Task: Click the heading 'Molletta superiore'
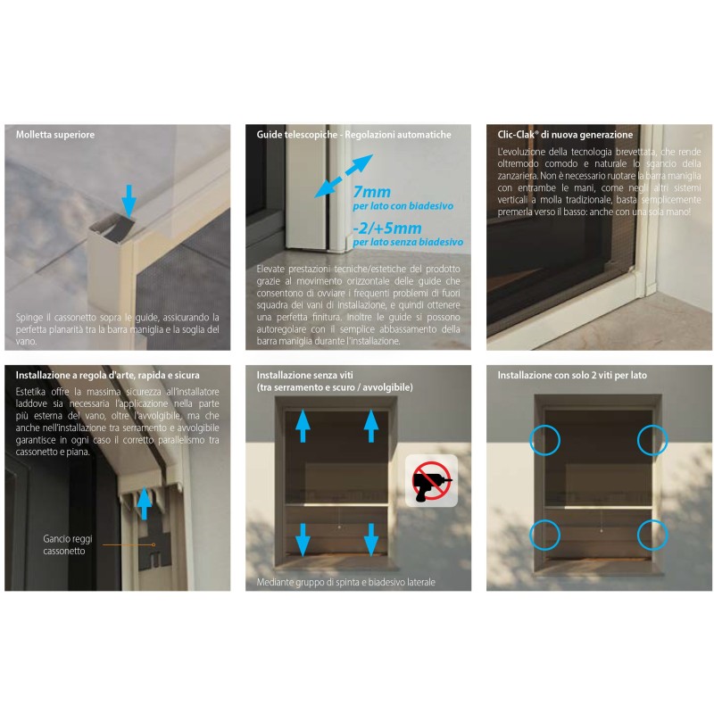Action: tap(55, 135)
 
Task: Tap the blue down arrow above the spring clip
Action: tap(129, 201)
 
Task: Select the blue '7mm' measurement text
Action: tap(371, 192)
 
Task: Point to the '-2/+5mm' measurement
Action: tap(387, 228)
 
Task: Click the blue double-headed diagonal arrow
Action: tap(344, 176)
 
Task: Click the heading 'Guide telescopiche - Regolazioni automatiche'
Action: tap(353, 135)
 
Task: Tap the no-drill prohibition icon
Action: tap(431, 481)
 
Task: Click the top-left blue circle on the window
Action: tap(544, 440)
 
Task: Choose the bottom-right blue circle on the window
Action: tap(652, 535)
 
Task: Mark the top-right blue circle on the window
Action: tap(652, 440)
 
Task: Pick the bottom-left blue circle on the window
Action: tap(544, 535)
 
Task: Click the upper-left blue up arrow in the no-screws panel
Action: tap(303, 426)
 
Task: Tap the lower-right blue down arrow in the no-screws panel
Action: tap(371, 540)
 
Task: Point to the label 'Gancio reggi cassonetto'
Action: tap(68, 544)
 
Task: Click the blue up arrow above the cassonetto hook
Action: tap(145, 503)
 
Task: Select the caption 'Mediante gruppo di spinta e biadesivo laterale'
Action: tap(345, 582)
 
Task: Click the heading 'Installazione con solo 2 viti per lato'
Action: tap(572, 375)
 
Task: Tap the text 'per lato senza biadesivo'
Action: tap(408, 242)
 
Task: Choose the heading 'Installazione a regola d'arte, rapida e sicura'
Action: tap(107, 375)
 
